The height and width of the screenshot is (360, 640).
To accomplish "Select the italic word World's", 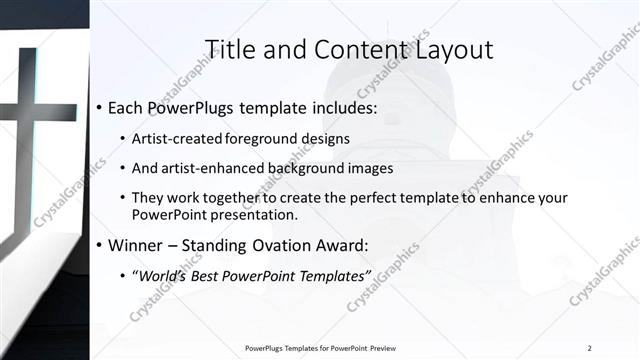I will click(x=166, y=275).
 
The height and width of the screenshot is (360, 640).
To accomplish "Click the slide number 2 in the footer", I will click(x=589, y=348).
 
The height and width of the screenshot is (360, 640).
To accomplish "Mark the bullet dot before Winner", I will click(x=99, y=245).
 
